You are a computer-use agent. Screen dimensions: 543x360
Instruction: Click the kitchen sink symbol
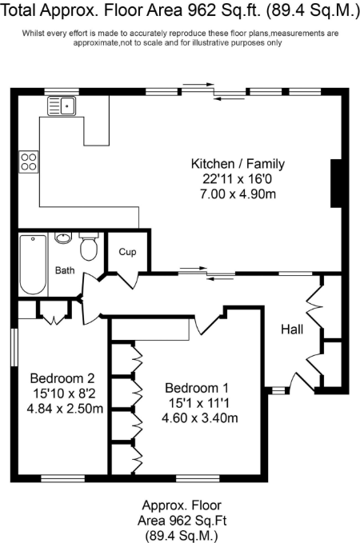pos(61,104)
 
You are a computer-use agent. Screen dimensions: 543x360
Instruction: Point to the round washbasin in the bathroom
pos(63,238)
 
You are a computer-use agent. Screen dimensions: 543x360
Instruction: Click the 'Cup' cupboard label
pos(127,252)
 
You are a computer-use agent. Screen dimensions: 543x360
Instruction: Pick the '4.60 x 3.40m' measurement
pos(199,417)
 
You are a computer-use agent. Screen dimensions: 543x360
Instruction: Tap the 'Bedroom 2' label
pos(62,378)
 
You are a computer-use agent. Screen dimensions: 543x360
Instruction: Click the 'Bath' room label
pos(65,270)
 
